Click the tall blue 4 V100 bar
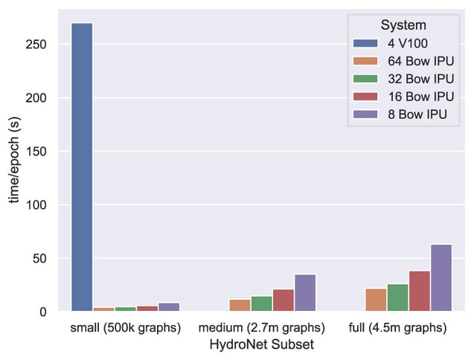82,167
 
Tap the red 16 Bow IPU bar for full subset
420,291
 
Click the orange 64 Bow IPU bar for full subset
376,300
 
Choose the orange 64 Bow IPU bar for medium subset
240,305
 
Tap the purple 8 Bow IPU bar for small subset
169,307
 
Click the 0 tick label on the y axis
44,312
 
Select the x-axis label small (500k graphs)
126,328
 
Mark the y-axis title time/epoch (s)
13,159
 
